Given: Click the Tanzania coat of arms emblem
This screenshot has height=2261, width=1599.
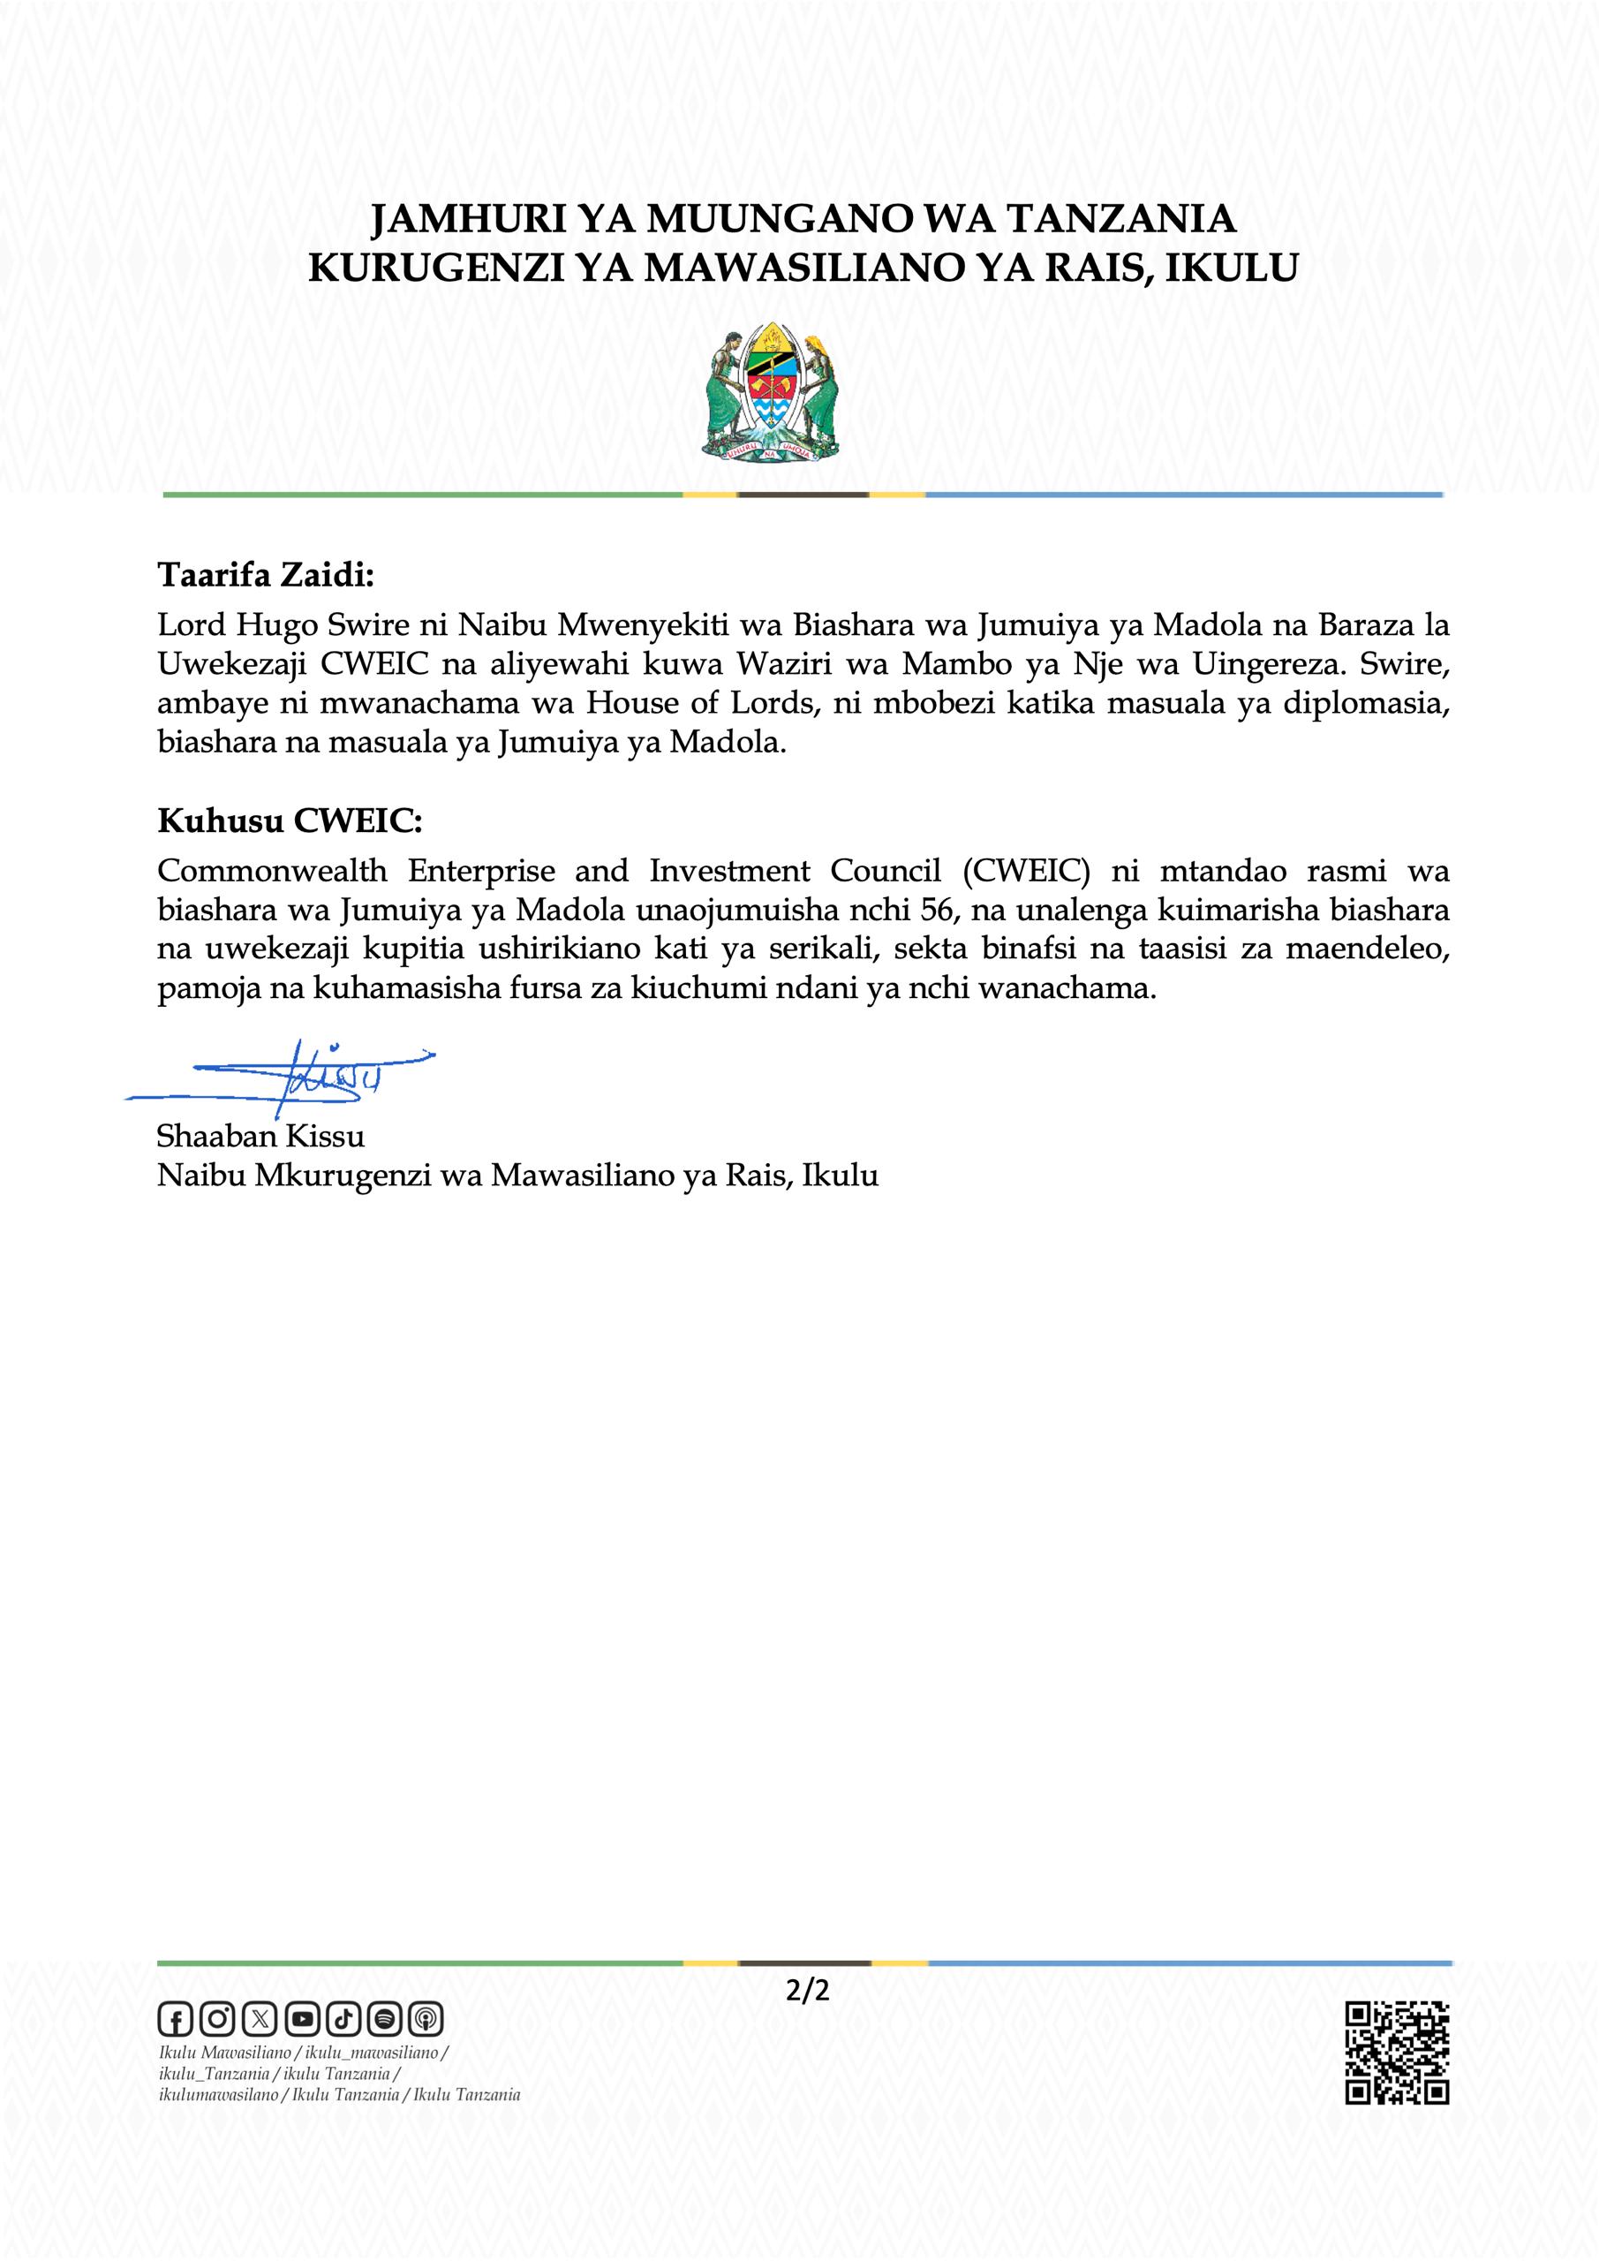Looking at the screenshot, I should pyautogui.click(x=771, y=393).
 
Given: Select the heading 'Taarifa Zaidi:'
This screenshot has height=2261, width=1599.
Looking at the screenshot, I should pyautogui.click(x=266, y=575).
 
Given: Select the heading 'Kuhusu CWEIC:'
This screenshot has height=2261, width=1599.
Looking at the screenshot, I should pyautogui.click(x=290, y=821).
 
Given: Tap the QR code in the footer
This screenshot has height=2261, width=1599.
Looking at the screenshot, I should pyautogui.click(x=1396, y=2053).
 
